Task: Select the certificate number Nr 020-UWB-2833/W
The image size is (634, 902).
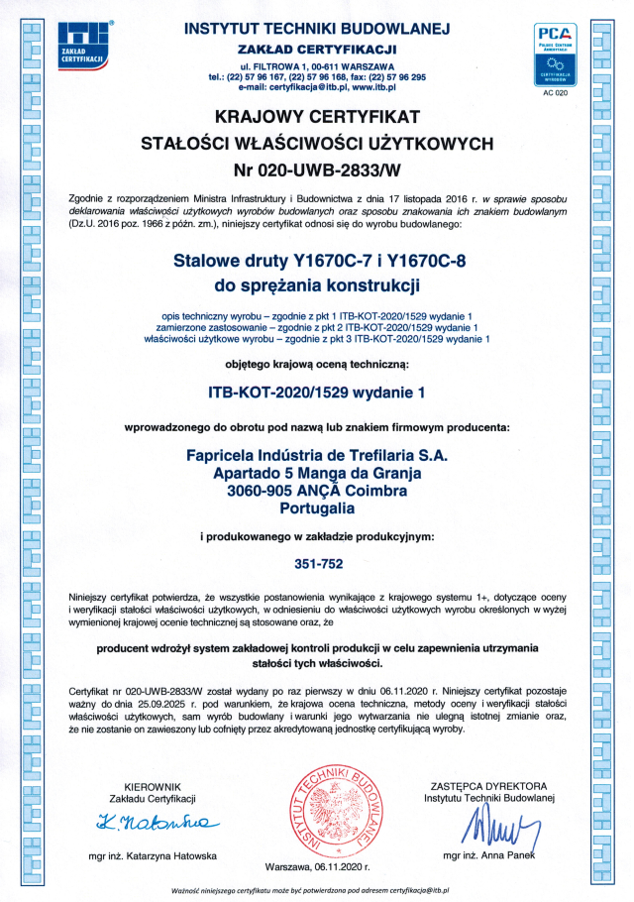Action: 316,165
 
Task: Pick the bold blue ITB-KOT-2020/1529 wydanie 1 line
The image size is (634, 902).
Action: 316,392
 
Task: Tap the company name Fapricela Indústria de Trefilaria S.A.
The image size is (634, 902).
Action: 317,455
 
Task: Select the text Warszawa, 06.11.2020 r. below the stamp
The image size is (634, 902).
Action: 317,866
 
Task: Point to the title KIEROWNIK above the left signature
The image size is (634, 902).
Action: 156,786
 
